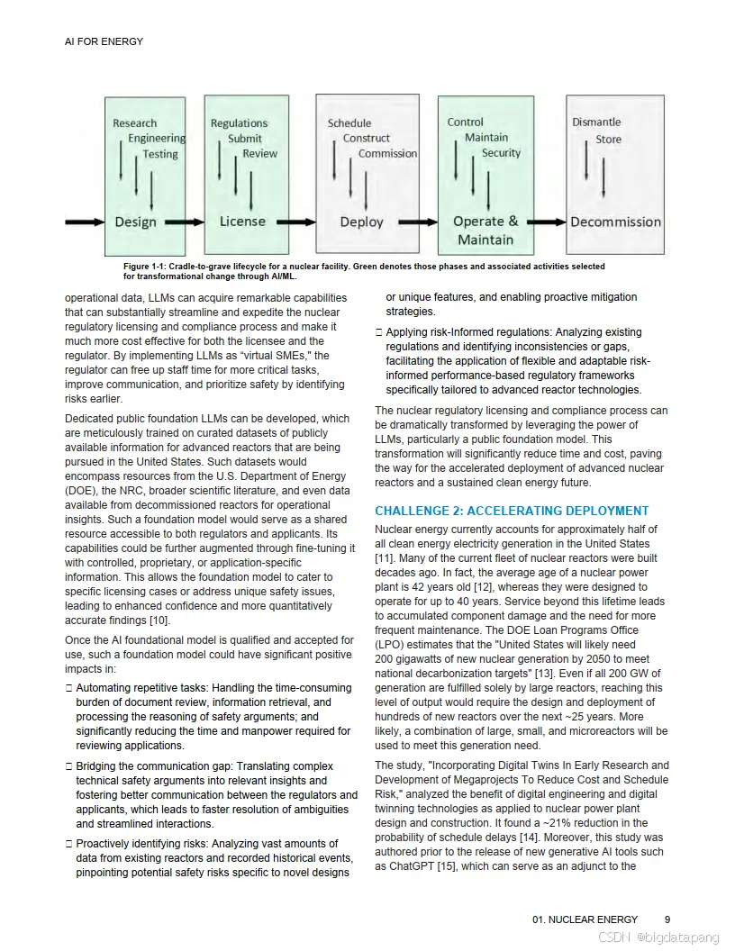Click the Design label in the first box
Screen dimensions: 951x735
[135, 222]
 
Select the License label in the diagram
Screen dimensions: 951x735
[242, 221]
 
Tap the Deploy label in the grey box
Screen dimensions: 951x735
[361, 222]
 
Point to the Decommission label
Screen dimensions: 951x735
[615, 222]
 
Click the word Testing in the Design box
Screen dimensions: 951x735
[160, 154]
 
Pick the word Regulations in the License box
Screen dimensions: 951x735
[239, 123]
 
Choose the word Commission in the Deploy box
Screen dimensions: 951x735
[387, 154]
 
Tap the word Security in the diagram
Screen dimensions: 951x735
[501, 153]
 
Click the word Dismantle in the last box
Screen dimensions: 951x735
[596, 122]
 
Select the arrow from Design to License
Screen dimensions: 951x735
[185, 222]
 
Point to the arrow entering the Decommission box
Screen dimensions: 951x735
[546, 222]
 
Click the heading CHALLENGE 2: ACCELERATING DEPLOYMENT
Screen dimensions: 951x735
[512, 511]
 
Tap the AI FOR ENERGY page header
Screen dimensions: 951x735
[104, 41]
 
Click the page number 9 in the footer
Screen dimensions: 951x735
[667, 919]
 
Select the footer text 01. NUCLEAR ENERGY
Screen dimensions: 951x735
[585, 919]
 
